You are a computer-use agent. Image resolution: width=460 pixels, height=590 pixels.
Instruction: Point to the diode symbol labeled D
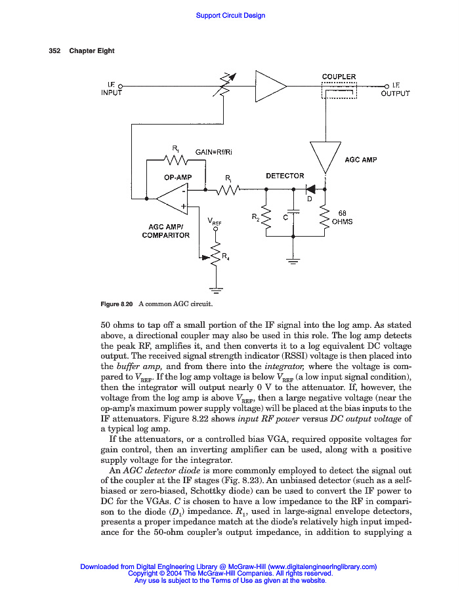click(311, 189)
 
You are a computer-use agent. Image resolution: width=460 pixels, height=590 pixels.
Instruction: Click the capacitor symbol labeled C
click(293, 212)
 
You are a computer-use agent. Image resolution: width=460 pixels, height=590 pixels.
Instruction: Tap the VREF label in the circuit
click(215, 222)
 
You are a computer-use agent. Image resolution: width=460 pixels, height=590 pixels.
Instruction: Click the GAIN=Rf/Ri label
click(213, 152)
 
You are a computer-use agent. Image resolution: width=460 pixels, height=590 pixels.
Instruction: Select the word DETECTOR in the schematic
click(285, 176)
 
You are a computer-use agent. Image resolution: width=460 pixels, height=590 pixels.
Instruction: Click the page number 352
click(55, 51)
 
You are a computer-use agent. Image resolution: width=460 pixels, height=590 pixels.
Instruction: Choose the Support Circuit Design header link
click(230, 15)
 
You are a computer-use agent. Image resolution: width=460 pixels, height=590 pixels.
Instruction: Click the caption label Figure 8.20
click(116, 304)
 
